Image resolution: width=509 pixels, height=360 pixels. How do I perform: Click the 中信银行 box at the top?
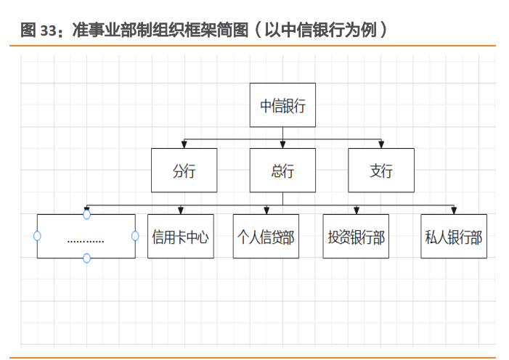[282, 106]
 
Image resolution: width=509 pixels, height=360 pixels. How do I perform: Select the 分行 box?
[184, 171]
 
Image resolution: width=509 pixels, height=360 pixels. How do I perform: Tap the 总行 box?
[282, 171]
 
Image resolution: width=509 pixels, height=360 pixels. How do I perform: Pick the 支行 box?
[381, 171]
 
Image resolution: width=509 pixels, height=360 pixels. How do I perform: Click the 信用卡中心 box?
[181, 237]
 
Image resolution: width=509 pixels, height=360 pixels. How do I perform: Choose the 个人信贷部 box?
[266, 237]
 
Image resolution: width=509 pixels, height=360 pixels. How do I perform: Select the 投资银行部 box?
[356, 237]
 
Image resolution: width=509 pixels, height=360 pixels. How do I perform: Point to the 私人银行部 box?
[454, 237]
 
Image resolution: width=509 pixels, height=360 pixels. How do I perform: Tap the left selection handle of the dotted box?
[37, 236]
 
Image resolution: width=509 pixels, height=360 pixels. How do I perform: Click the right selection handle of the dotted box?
[135, 236]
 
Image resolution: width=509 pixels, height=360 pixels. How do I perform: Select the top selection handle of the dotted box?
[86, 214]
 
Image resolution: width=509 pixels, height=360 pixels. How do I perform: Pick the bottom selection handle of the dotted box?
[86, 258]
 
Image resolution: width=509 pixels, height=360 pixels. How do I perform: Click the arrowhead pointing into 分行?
[184, 144]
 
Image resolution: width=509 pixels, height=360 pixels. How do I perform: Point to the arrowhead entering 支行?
[381, 144]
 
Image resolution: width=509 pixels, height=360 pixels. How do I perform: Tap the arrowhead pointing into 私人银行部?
[454, 210]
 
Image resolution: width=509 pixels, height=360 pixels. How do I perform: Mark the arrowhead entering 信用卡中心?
[181, 210]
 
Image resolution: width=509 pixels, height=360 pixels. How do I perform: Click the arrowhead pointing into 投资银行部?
[356, 210]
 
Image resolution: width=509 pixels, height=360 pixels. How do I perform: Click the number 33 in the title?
[49, 30]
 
